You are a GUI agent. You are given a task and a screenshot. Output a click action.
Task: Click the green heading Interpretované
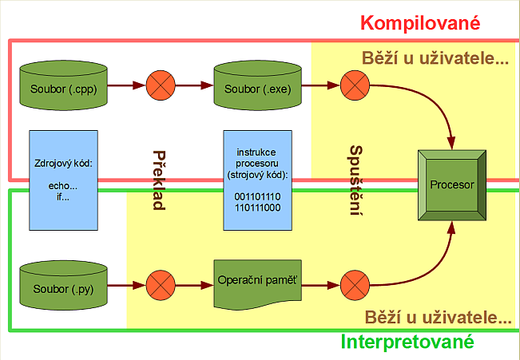click(407, 342)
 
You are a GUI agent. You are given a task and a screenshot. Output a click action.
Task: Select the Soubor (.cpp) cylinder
click(63, 85)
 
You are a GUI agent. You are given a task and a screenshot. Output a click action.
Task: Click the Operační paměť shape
click(257, 283)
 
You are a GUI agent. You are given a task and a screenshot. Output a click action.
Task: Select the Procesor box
click(451, 184)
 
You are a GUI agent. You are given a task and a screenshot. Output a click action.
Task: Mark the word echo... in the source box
click(63, 186)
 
